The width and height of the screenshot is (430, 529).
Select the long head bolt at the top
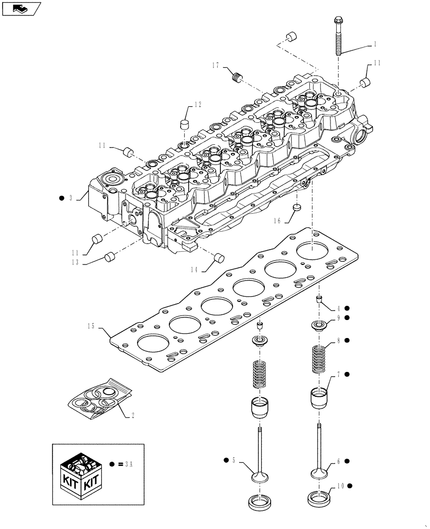(338, 36)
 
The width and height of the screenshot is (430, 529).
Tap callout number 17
(216, 66)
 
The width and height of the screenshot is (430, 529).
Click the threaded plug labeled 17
(237, 78)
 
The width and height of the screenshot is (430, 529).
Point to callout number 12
(183, 105)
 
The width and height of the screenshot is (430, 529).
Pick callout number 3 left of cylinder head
(70, 198)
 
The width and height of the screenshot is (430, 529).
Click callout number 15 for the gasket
(92, 326)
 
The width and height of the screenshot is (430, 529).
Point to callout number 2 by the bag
(132, 416)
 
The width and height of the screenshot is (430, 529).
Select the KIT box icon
(79, 472)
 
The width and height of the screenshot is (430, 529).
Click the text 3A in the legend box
(128, 464)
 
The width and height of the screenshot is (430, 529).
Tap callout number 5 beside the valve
(233, 461)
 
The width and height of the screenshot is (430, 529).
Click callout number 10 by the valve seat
(338, 485)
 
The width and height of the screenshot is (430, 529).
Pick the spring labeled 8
(318, 359)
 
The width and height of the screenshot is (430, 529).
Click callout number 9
(337, 318)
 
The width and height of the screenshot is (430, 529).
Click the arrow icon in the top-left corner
(22, 8)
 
